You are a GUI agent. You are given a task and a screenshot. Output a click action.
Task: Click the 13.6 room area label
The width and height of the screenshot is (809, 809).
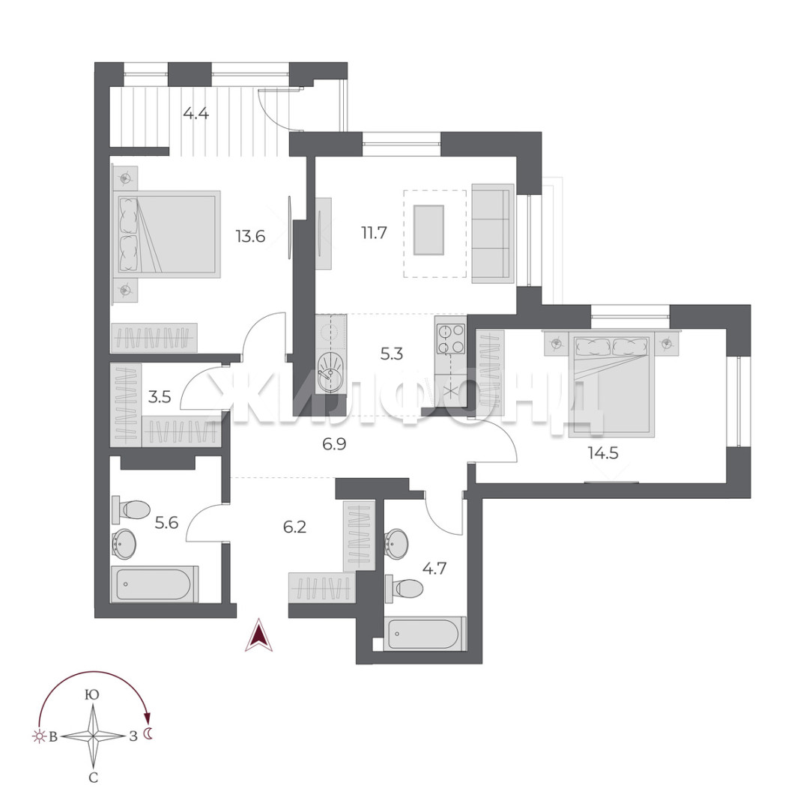[250, 236]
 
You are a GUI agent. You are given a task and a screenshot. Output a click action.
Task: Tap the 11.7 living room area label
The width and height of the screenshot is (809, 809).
[374, 233]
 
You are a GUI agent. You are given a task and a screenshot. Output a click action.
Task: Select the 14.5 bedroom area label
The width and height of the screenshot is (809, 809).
[603, 453]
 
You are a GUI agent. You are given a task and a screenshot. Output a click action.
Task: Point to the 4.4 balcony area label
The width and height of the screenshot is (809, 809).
[196, 112]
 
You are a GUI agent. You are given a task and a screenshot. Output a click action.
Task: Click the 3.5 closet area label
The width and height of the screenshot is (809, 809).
[160, 397]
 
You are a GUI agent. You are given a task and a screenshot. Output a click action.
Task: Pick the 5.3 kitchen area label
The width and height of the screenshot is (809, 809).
[392, 354]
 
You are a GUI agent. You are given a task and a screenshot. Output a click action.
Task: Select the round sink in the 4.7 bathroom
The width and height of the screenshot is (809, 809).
[396, 544]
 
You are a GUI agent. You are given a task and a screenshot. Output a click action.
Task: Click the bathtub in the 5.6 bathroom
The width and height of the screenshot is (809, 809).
[154, 584]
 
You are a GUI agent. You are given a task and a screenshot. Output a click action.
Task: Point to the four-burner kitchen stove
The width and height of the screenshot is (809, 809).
[450, 339]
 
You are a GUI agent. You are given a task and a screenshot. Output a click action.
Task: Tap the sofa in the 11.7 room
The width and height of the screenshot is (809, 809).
[493, 234]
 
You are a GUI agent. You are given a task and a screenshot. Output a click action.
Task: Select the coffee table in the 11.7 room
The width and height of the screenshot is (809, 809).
[428, 230]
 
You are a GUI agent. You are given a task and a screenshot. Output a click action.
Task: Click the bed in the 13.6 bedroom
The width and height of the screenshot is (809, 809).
[166, 234]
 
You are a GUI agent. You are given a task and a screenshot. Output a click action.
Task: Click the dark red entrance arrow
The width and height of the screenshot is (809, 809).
[258, 636]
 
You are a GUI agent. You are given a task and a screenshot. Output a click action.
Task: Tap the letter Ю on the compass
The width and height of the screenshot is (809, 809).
[92, 694]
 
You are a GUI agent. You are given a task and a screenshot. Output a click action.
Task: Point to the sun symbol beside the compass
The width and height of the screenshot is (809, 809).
[39, 737]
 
